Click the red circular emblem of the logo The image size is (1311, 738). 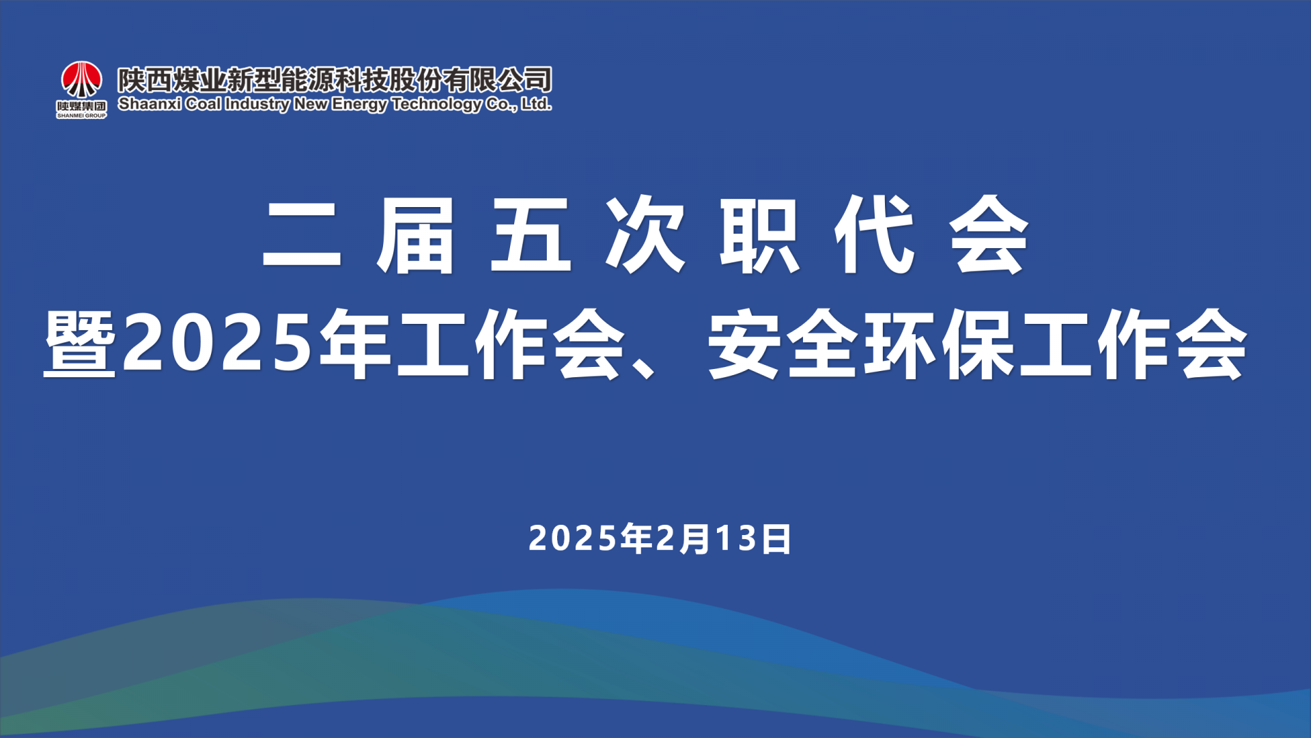(x=82, y=79)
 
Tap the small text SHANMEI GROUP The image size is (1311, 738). (x=81, y=115)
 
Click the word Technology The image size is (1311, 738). (x=437, y=105)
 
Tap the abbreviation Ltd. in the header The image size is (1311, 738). (x=537, y=104)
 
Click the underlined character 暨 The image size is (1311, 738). (x=79, y=342)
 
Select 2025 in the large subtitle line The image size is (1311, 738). (x=217, y=342)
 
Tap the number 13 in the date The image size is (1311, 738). (x=737, y=538)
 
